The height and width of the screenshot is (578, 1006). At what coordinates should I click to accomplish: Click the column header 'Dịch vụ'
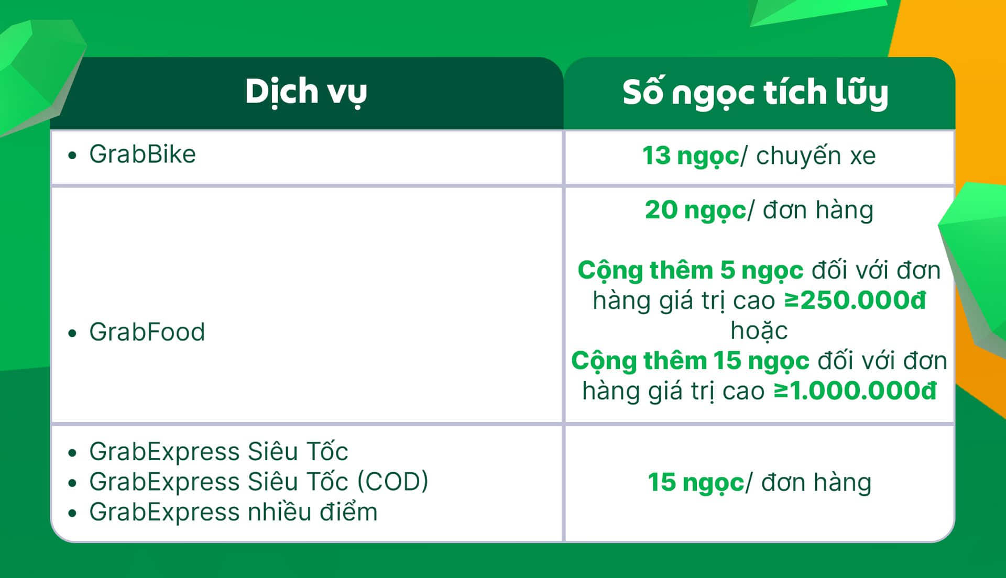coord(306,93)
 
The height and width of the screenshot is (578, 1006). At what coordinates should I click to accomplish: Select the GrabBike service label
coord(142,154)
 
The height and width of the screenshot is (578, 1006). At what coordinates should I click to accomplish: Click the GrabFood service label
coord(147,332)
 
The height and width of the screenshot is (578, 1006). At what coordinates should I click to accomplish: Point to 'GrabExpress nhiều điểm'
coord(233,512)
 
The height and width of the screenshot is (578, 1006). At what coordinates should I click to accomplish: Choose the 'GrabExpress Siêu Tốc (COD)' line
coord(259,482)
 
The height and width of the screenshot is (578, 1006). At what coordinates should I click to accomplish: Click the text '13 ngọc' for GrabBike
coord(691,156)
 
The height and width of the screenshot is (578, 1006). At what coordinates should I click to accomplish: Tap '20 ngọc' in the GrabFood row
coord(695,210)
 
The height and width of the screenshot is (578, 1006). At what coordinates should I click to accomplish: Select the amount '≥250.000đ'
coord(855,301)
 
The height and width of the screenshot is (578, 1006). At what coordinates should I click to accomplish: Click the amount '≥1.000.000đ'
coord(855,391)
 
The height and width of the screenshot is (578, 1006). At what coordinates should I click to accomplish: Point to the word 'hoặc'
coord(759,331)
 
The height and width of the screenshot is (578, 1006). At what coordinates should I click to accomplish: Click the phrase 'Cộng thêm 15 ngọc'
coord(690,361)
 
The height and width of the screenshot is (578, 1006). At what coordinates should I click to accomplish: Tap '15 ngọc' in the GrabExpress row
coord(696,483)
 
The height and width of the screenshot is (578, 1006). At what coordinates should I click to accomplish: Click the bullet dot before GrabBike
coord(72,155)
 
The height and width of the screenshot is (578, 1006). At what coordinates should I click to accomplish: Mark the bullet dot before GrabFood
coord(72,333)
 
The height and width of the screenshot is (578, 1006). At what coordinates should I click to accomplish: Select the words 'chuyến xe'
coord(816,155)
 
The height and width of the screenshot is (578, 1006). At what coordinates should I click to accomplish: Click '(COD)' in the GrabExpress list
coord(393,482)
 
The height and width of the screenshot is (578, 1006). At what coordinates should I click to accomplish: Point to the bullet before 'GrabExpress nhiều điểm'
coord(72,513)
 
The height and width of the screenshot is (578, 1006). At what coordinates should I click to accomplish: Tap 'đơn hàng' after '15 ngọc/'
coord(816,482)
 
